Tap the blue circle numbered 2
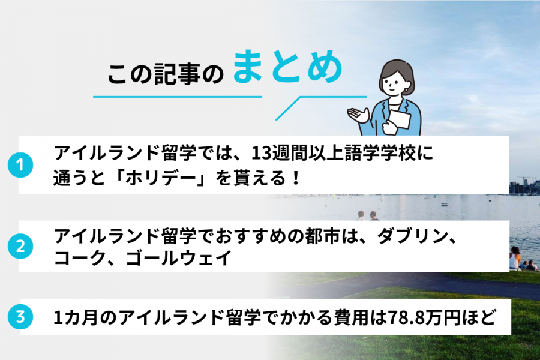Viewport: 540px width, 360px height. point(20,245)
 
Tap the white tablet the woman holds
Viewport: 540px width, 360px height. point(398,120)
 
